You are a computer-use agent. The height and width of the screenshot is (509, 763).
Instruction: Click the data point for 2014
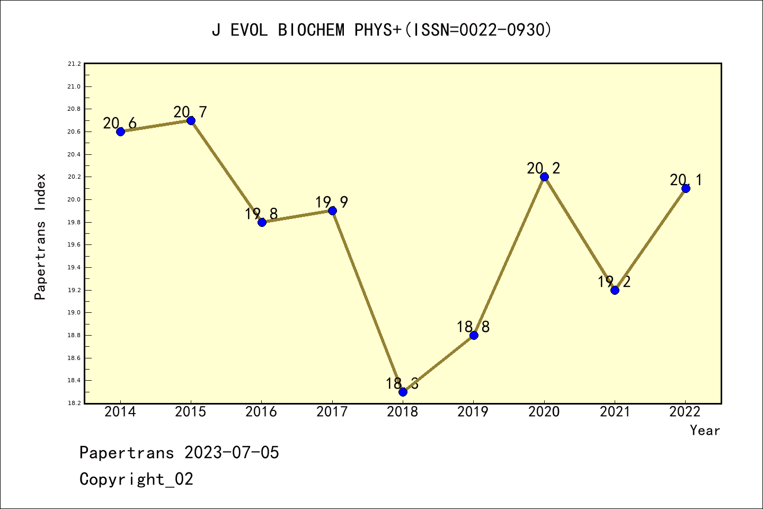click(120, 131)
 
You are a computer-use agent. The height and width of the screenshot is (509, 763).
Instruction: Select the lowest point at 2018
click(403, 392)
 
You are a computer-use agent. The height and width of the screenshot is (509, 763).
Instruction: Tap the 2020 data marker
click(544, 177)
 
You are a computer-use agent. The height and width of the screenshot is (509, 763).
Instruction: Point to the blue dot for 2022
click(686, 188)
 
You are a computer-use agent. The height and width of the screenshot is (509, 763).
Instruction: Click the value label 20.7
click(190, 112)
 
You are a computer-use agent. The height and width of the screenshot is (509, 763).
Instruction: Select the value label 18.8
click(473, 327)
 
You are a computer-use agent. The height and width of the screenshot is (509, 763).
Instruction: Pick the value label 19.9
click(332, 202)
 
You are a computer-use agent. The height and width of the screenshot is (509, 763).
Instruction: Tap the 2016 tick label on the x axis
click(261, 412)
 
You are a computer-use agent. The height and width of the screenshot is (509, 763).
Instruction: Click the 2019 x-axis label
click(473, 412)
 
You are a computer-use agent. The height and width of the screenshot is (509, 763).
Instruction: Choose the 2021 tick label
click(615, 412)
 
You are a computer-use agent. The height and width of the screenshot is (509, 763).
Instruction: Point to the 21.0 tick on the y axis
click(74, 86)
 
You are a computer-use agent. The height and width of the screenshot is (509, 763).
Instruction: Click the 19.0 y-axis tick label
click(74, 313)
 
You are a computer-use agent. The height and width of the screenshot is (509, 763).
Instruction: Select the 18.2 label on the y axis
click(74, 403)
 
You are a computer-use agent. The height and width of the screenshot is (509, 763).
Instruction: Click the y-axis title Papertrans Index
click(40, 236)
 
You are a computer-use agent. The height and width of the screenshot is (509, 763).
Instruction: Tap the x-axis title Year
click(705, 431)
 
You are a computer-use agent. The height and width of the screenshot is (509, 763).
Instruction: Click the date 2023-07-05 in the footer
click(232, 453)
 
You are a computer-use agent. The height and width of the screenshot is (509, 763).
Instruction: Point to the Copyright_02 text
click(136, 479)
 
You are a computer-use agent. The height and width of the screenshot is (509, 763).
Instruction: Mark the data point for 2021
click(615, 290)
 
